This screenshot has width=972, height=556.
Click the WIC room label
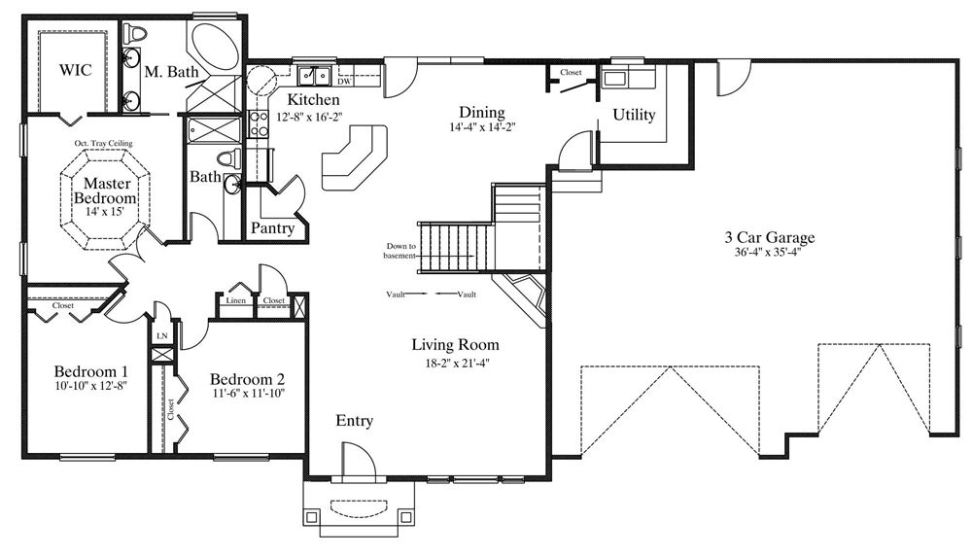pos(75,69)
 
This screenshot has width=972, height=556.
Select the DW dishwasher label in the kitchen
pos(345,82)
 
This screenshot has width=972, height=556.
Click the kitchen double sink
pos(315,76)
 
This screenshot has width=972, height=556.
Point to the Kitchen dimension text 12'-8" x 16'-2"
pos(309,116)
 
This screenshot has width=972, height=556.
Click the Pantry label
pos(272,228)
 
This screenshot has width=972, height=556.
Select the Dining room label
pos(482,113)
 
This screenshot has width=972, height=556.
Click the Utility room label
pos(634,115)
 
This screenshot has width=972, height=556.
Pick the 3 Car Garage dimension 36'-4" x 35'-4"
pos(769,252)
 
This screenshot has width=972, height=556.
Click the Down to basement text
pos(400,251)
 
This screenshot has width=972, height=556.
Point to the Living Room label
pos(456,345)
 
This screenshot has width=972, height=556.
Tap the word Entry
pos(355,422)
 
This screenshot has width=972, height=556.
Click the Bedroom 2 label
pos(247,379)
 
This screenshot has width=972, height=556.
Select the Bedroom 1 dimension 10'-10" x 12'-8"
pos(91,386)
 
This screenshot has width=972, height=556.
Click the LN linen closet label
pos(161,336)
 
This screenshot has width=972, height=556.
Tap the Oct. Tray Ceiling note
pos(104,143)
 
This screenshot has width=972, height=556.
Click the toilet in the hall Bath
pos(232,158)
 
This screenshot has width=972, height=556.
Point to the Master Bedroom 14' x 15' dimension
pos(105,211)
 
